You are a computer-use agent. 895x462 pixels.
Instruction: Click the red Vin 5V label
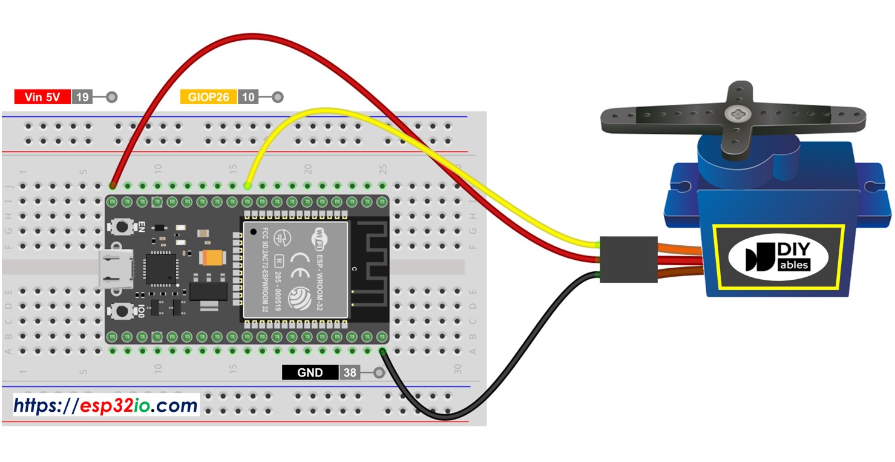42,97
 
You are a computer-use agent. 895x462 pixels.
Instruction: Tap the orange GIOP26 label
208,97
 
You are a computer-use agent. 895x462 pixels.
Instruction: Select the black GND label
310,372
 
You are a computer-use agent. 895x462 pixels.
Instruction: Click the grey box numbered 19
82,97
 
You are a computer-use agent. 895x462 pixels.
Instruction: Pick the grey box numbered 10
248,97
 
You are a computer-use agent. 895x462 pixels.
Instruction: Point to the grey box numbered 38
350,372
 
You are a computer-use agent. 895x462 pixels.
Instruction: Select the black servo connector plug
628,259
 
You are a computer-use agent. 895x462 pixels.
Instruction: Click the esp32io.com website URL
107,405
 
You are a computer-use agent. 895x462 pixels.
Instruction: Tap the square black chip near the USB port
160,269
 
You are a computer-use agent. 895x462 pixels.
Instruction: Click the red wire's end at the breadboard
113,185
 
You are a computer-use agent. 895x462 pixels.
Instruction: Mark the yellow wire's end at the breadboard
247,185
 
